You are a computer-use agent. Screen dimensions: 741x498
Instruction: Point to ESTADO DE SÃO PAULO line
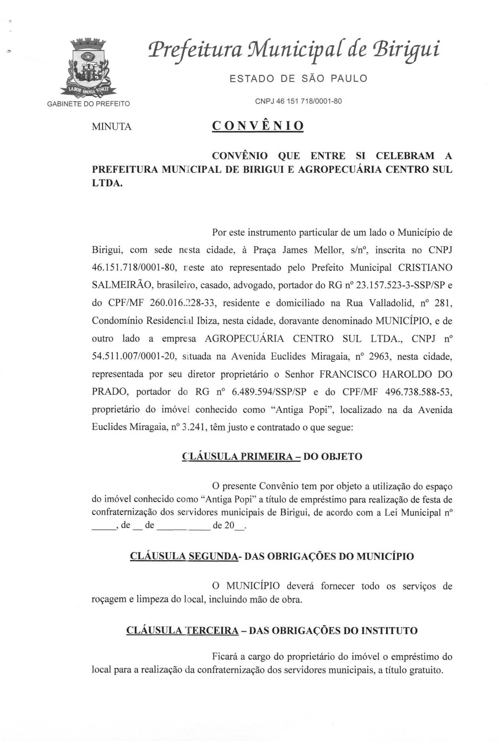(298, 78)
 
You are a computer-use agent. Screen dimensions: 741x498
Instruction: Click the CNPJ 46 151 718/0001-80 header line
(298, 101)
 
